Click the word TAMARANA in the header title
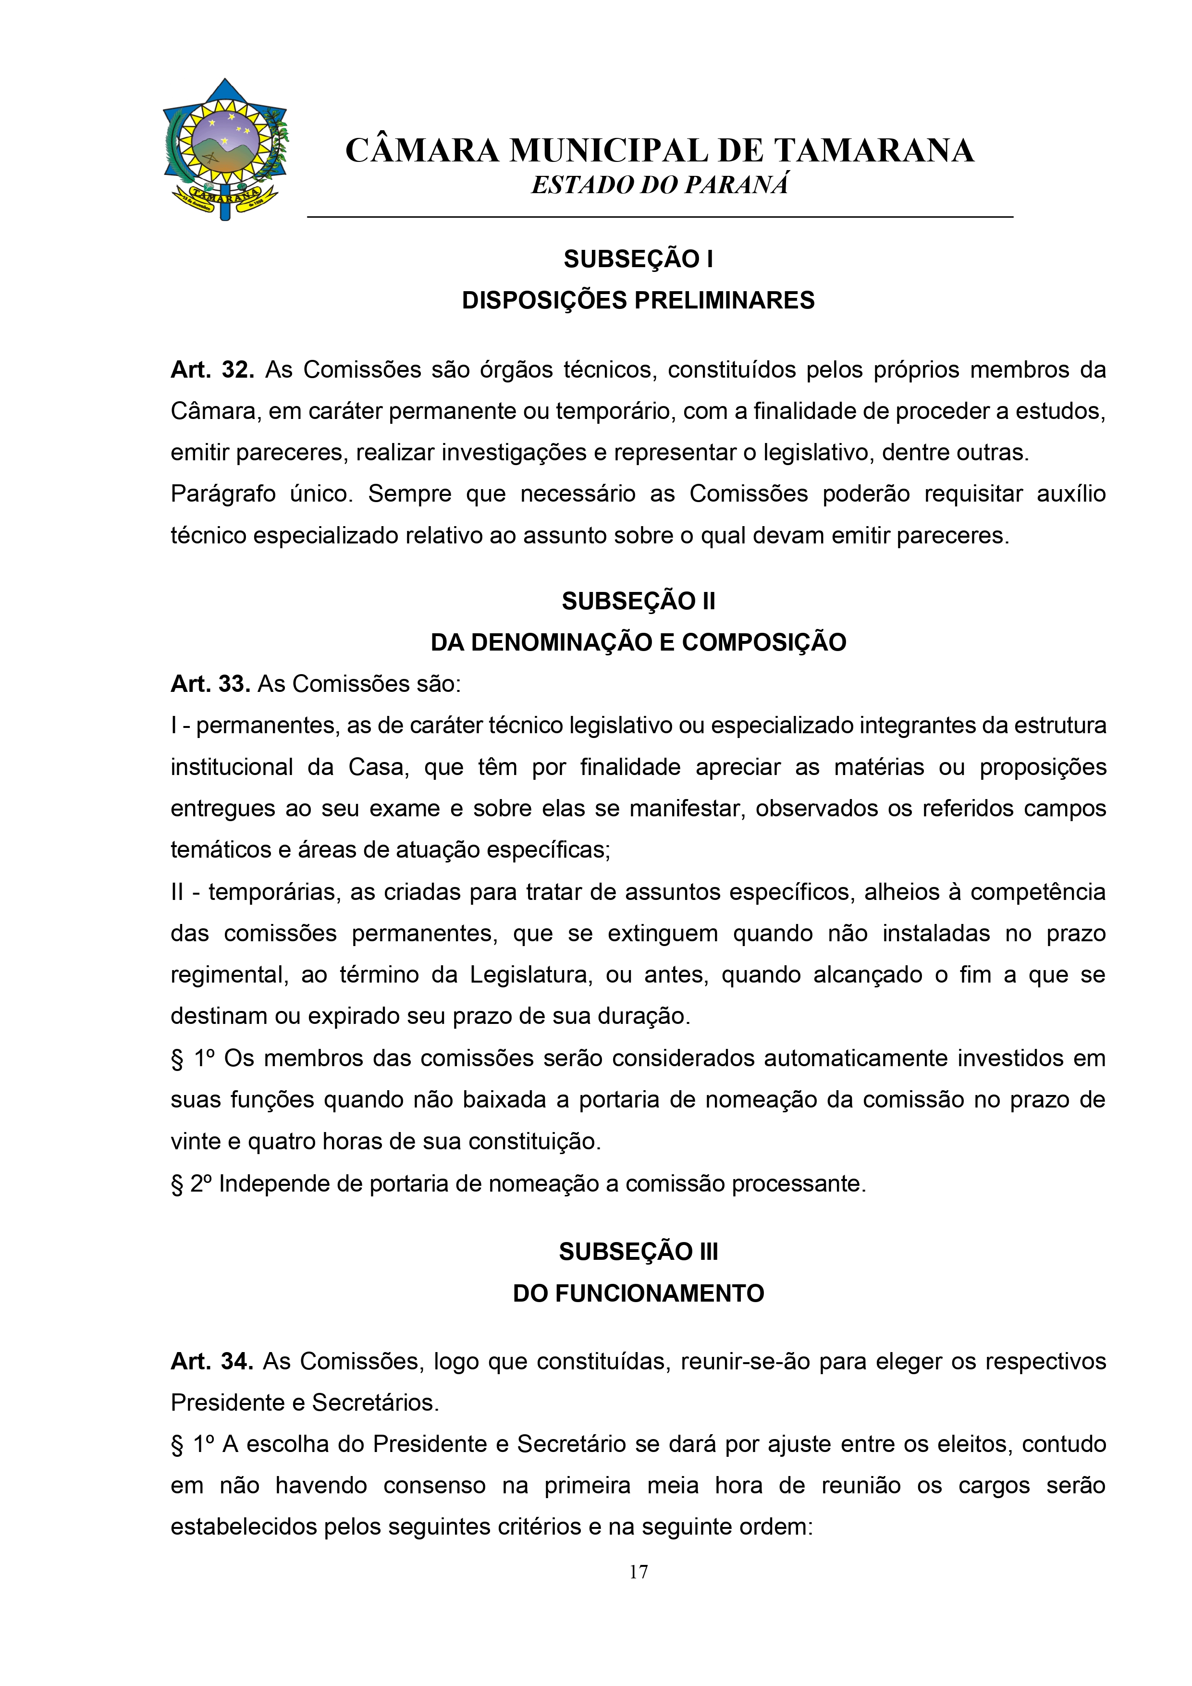tap(873, 150)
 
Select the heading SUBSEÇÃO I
tap(638, 259)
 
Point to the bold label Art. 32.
tap(211, 370)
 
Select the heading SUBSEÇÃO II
tap(638, 602)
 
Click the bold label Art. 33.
tap(210, 684)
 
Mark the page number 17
tap(638, 1572)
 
